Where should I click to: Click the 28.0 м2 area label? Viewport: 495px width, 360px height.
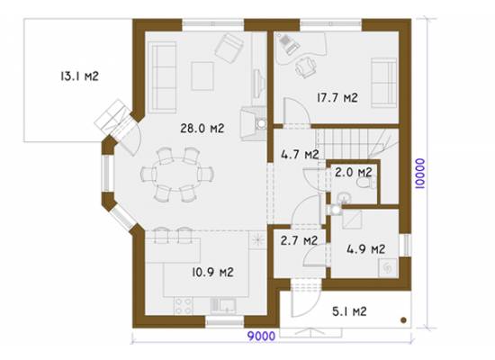pyautogui.click(x=202, y=128)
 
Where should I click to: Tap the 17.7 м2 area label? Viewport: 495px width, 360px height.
pyautogui.click(x=337, y=97)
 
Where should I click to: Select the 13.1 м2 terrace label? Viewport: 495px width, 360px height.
pyautogui.click(x=79, y=76)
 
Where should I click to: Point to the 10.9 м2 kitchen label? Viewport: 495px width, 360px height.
pyautogui.click(x=212, y=272)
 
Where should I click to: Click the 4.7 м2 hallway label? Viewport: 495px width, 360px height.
pyautogui.click(x=300, y=155)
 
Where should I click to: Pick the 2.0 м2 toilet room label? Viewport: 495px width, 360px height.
pyautogui.click(x=354, y=173)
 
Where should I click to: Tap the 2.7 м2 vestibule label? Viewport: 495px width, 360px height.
pyautogui.click(x=299, y=240)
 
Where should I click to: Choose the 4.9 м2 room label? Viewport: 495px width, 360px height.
pyautogui.click(x=366, y=249)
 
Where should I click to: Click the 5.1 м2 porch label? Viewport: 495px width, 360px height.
pyautogui.click(x=349, y=311)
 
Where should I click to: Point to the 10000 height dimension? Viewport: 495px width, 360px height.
pyautogui.click(x=420, y=174)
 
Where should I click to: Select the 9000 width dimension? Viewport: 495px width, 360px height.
pyautogui.click(x=261, y=336)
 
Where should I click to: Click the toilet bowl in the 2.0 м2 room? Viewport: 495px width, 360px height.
pyautogui.click(x=364, y=183)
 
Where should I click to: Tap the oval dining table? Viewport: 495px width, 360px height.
pyautogui.click(x=176, y=174)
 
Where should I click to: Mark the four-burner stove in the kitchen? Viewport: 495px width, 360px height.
pyautogui.click(x=184, y=306)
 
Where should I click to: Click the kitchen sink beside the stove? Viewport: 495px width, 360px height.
pyautogui.click(x=223, y=306)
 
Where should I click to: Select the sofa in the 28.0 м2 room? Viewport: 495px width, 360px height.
pyautogui.click(x=162, y=77)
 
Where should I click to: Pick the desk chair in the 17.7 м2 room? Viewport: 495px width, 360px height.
pyautogui.click(x=305, y=67)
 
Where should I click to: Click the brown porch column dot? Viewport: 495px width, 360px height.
pyautogui.click(x=403, y=320)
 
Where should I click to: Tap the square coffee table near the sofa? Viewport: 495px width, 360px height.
pyautogui.click(x=202, y=76)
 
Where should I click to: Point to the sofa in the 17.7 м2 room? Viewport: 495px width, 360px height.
pyautogui.click(x=383, y=83)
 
